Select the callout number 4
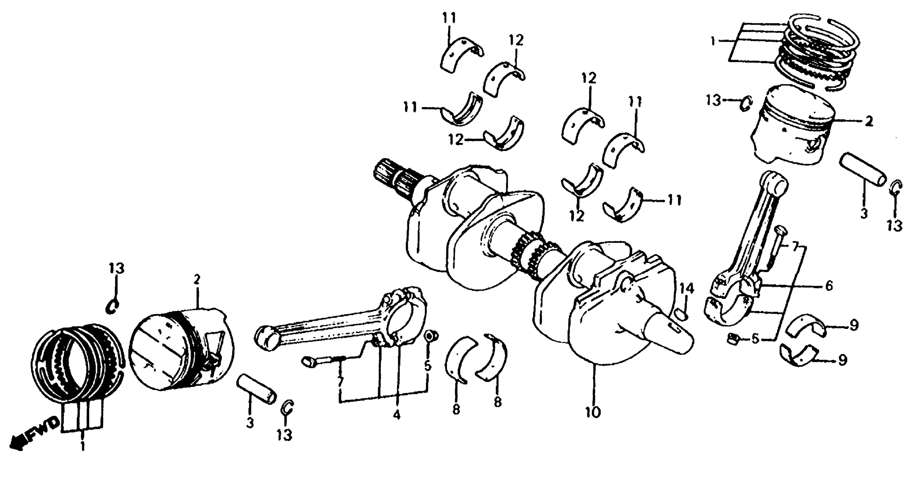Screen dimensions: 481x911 click(x=396, y=415)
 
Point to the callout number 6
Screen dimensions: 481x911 click(x=829, y=285)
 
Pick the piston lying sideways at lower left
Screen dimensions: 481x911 click(x=181, y=350)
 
